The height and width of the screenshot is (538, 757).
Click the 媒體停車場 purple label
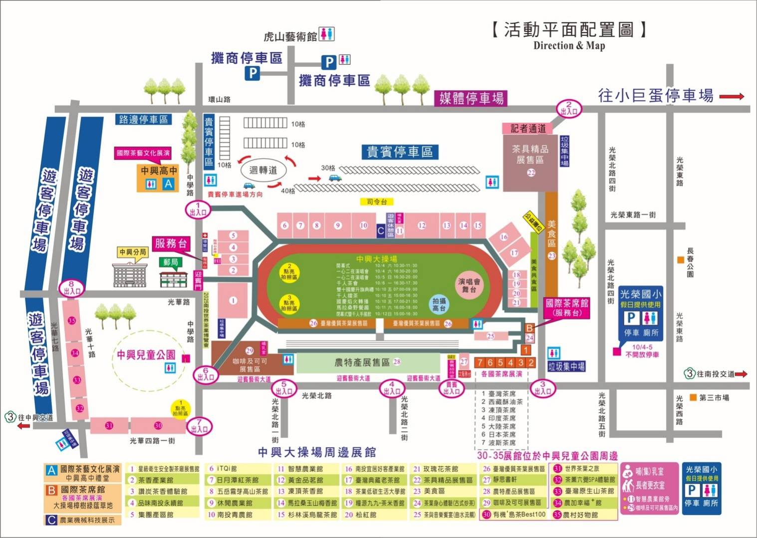(x=472, y=98)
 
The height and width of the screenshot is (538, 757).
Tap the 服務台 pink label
(x=171, y=243)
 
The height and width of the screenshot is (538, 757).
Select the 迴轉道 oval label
(x=263, y=170)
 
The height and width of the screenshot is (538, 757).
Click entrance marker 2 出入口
(x=569, y=108)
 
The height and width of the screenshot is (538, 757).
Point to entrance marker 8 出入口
(x=71, y=288)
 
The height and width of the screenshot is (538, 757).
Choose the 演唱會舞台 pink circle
(x=469, y=285)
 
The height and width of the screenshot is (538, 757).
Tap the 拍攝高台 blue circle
(x=439, y=304)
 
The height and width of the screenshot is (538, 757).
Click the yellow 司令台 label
(x=377, y=201)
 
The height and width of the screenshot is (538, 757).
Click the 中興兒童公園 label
(x=146, y=355)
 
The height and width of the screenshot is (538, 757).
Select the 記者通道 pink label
(x=528, y=128)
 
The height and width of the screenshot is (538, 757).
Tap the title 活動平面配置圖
(x=568, y=30)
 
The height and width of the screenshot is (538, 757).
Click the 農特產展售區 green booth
(x=367, y=362)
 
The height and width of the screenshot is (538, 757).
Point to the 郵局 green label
(x=171, y=262)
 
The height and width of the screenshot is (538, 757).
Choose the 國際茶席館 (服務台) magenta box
(x=567, y=307)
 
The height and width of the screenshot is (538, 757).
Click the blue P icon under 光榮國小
(x=631, y=318)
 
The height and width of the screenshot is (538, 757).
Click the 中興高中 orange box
(x=159, y=178)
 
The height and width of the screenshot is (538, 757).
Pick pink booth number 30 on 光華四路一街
(x=158, y=425)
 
